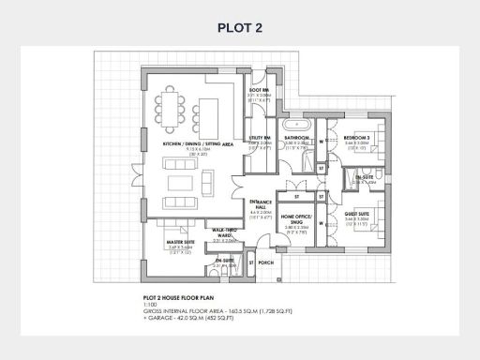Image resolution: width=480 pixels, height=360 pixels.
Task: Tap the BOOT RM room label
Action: pos(260,90)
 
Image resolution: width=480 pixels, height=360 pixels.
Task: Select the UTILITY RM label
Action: pos(260,138)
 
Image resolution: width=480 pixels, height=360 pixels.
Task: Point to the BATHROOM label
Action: pos(298,138)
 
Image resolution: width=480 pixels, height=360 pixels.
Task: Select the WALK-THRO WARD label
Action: pos(223,232)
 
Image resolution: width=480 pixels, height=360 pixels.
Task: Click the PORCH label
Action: pos(264,263)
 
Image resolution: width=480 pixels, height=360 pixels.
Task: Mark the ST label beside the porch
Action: pos(251,263)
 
